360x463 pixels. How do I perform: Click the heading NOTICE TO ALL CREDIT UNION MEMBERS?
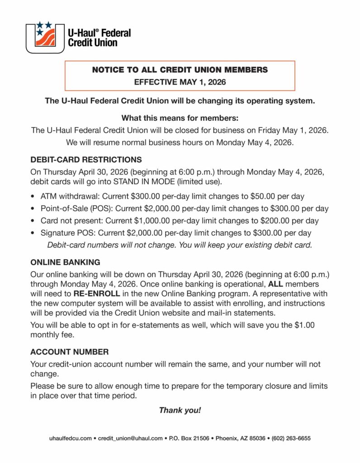coord(180,70)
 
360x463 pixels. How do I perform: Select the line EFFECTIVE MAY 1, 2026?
coord(180,82)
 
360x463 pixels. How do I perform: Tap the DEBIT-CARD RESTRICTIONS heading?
coord(86,160)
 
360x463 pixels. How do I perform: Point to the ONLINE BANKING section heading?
coord(65,262)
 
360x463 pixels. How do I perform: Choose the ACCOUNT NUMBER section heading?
coord(69,352)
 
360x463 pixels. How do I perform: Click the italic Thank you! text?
coord(180,410)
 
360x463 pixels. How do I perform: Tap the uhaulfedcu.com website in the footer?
coord(70,439)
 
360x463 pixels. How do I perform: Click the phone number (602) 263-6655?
coord(291,439)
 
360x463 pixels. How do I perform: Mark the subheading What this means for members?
coord(180,118)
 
